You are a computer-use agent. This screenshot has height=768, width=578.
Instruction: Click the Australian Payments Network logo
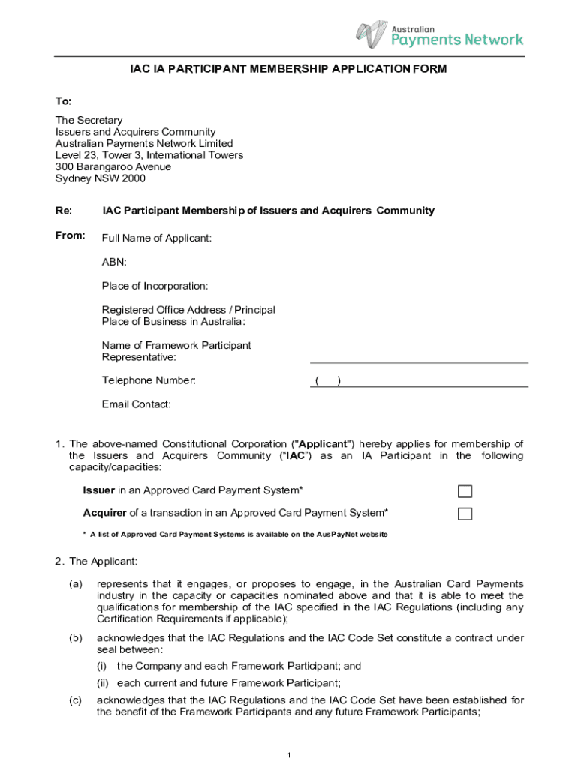439,34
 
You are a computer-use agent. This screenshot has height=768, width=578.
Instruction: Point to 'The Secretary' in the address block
89,120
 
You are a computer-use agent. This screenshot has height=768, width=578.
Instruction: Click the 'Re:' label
64,211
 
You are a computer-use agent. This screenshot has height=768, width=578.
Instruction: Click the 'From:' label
70,236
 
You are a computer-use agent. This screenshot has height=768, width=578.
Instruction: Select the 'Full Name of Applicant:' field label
157,238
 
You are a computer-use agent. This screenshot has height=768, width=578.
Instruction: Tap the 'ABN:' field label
114,262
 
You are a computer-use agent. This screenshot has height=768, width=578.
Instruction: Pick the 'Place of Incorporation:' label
155,286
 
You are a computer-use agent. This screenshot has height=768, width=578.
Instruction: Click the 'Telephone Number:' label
149,380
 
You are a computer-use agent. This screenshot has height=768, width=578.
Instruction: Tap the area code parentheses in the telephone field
328,381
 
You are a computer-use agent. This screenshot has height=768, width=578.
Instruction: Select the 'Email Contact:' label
136,404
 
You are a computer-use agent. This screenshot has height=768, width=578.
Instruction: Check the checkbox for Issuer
465,491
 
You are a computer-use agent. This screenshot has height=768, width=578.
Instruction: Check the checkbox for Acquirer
465,514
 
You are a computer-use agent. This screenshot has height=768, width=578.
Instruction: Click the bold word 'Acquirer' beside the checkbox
104,513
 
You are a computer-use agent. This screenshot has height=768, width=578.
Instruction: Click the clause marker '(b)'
76,638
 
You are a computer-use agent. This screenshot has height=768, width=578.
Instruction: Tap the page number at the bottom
289,755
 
